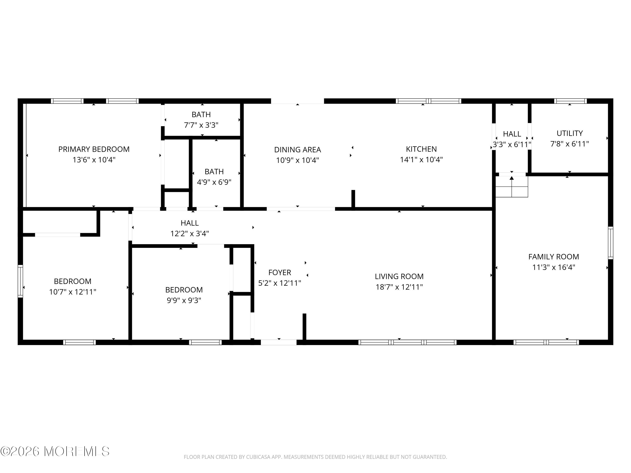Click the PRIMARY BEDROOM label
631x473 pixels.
click(94, 149)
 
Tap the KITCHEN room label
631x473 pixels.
click(421, 149)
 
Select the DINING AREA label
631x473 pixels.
click(298, 149)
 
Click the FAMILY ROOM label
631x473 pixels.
click(554, 257)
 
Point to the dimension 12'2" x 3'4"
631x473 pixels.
click(190, 234)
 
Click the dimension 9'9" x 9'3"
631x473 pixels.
click(184, 300)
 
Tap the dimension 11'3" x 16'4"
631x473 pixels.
click(554, 267)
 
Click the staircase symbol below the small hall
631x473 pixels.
click(512, 187)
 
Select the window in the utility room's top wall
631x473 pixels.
click(570, 101)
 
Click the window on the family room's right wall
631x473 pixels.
click(610, 243)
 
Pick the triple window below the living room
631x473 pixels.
click(407, 342)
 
